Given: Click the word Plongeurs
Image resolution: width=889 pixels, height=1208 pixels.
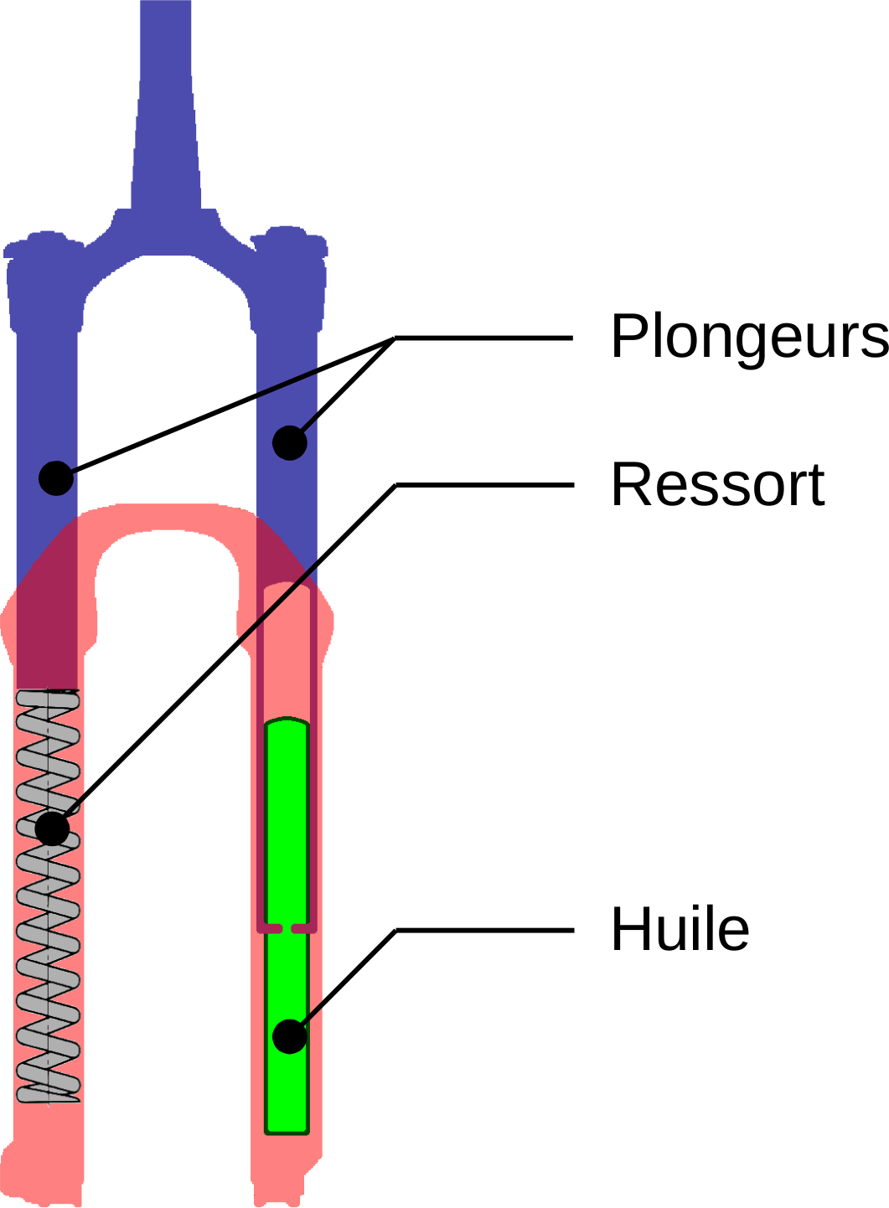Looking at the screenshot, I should point(748,337).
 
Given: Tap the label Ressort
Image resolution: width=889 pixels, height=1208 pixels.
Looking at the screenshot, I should point(718,485).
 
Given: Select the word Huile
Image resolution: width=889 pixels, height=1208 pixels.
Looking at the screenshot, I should point(680,930).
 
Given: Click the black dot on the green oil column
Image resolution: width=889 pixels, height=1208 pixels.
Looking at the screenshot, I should point(290,1036).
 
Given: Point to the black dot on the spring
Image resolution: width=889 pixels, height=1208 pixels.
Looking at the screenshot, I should point(52,829).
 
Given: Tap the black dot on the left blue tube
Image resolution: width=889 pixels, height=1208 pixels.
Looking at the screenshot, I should point(56,478).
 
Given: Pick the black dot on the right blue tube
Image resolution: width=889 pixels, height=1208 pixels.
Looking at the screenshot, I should point(290,443).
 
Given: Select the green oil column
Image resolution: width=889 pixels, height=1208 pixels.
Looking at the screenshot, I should point(287,838).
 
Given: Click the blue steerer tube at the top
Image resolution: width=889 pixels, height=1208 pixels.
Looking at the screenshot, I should point(166,101).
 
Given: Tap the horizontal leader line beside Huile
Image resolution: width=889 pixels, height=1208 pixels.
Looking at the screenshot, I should point(484,929).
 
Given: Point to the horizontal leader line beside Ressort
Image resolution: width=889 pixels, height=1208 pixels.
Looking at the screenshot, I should point(484,484).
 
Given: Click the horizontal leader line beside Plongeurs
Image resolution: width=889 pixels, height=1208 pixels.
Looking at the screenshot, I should point(484,338).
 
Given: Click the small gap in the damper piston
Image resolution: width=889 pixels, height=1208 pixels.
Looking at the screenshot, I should point(287,928).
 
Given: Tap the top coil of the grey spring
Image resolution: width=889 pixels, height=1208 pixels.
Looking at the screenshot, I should point(49,697).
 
